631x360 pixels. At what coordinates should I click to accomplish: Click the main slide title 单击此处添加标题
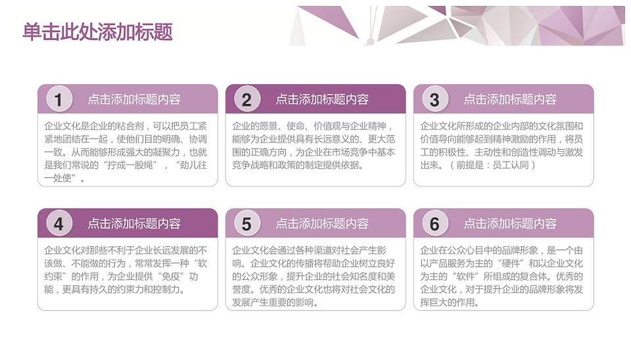pyautogui.click(x=97, y=32)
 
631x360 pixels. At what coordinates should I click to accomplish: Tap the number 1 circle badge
pyautogui.click(x=59, y=99)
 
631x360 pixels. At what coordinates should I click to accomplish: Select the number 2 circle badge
pyautogui.click(x=247, y=99)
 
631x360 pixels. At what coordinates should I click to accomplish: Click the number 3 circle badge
pyautogui.click(x=435, y=99)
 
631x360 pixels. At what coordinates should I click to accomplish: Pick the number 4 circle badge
pyautogui.click(x=59, y=223)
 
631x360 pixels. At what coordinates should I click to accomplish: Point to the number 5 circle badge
pyautogui.click(x=247, y=223)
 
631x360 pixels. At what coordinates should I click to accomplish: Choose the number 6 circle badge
pyautogui.click(x=435, y=223)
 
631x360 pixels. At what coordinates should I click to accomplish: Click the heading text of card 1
pyautogui.click(x=134, y=99)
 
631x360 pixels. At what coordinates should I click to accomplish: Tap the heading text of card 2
pyautogui.click(x=322, y=99)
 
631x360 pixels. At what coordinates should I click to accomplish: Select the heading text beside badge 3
pyautogui.click(x=510, y=99)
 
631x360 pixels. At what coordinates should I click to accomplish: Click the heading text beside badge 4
pyautogui.click(x=134, y=223)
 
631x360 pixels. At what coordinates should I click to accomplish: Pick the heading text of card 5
pyautogui.click(x=322, y=223)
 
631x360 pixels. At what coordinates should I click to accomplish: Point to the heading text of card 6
pyautogui.click(x=510, y=223)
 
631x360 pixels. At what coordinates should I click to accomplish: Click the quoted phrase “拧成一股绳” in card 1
pyautogui.click(x=130, y=165)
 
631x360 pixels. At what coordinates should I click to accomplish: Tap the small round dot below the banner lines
pyautogui.click(x=371, y=41)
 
